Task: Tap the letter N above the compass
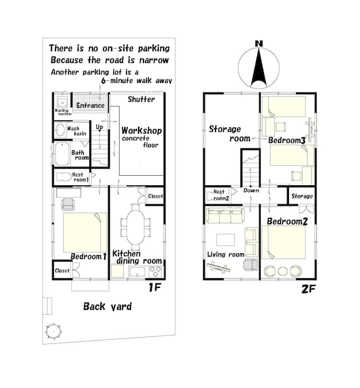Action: (259, 44)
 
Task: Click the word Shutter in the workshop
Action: (141, 99)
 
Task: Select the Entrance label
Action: (90, 106)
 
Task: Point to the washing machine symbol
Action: (62, 102)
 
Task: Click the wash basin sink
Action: (60, 130)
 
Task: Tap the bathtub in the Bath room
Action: (62, 154)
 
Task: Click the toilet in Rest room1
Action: (64, 177)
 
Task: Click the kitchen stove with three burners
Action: (155, 272)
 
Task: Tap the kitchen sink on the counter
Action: (137, 272)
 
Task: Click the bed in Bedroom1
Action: (85, 232)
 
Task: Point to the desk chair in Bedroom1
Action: (68, 204)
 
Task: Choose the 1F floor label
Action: (155, 287)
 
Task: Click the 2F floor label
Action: (308, 289)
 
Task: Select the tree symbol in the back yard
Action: (53, 331)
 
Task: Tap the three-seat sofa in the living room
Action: (225, 216)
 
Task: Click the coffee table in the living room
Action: (225, 240)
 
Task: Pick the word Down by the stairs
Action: (251, 191)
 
